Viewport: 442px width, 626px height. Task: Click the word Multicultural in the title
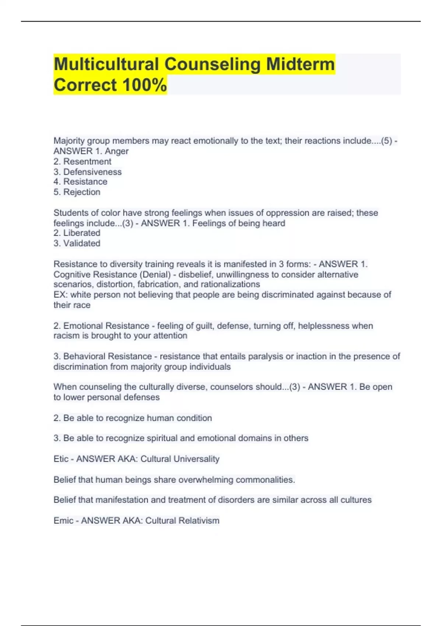pos(106,64)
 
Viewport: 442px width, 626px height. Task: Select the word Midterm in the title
pos(300,64)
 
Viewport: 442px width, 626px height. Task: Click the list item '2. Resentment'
pos(82,162)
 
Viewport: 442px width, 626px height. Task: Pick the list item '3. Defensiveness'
pos(87,172)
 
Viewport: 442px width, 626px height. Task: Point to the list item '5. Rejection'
pos(77,192)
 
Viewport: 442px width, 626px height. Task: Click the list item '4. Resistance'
pos(80,182)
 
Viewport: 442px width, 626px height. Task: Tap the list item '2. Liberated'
pos(77,233)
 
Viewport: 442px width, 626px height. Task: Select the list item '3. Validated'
pos(77,243)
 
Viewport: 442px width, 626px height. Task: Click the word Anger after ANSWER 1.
pos(117,151)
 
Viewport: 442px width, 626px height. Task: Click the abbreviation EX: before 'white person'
pos(61,295)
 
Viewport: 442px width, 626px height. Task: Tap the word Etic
pos(61,459)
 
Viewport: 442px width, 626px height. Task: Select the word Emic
pos(63,521)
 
